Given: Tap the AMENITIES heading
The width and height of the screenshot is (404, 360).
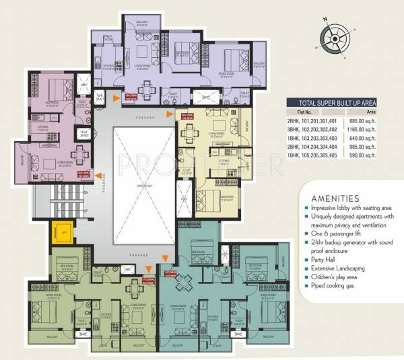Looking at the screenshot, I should tap(335, 199).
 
